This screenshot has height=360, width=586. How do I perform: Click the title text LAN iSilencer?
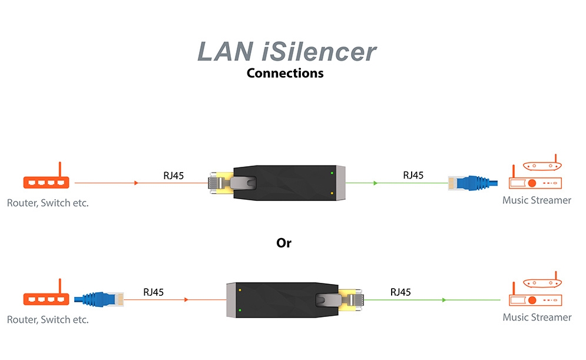(286, 51)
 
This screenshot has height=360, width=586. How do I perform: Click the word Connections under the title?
(285, 74)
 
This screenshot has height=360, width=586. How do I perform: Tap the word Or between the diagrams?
(284, 243)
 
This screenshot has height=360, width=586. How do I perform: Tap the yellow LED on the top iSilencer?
(333, 193)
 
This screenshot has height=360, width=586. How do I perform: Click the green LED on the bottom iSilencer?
(240, 309)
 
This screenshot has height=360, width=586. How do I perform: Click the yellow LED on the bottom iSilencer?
(240, 289)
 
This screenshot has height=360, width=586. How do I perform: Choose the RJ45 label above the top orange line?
(174, 175)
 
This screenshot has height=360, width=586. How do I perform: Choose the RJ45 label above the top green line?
(413, 175)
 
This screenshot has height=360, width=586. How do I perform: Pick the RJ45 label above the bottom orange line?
(153, 292)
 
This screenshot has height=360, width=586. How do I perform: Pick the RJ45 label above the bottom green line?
(400, 292)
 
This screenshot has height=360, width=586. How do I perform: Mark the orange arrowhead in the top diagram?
(137, 183)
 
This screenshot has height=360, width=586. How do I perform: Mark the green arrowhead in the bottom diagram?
(443, 300)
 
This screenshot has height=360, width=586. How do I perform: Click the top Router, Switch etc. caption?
(48, 203)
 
